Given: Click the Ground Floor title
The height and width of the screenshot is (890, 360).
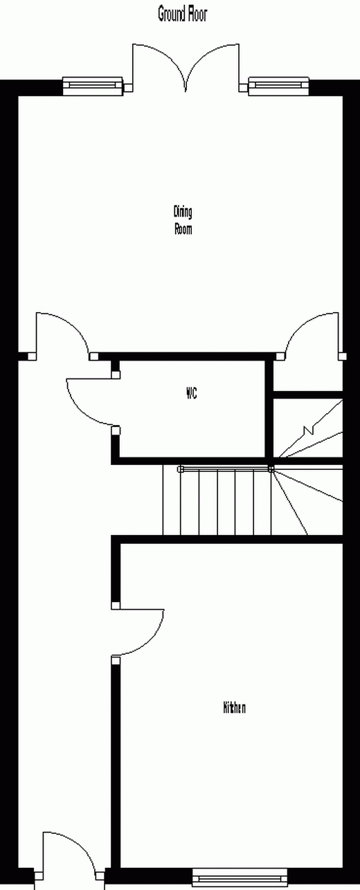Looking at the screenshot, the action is (x=183, y=15).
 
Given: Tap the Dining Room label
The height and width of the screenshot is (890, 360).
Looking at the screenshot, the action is (x=183, y=220).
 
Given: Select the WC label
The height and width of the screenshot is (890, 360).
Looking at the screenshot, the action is (x=192, y=393).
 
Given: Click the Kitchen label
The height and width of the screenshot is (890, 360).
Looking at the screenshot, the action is (x=234, y=707).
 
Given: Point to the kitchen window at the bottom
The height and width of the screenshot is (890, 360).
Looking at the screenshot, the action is (x=240, y=878).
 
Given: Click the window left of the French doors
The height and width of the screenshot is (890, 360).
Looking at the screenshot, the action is (x=93, y=85).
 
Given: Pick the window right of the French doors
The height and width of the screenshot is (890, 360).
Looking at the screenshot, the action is (x=278, y=85).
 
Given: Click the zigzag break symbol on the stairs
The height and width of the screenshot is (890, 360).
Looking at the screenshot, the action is (x=309, y=430).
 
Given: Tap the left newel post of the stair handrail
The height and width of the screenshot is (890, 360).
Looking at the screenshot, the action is (x=180, y=469).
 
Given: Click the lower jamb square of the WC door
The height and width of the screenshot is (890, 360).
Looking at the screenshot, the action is (x=116, y=430).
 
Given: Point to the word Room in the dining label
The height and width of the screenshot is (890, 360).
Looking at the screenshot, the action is (x=183, y=229).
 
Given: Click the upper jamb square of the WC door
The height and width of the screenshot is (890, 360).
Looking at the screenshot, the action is (x=116, y=374).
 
